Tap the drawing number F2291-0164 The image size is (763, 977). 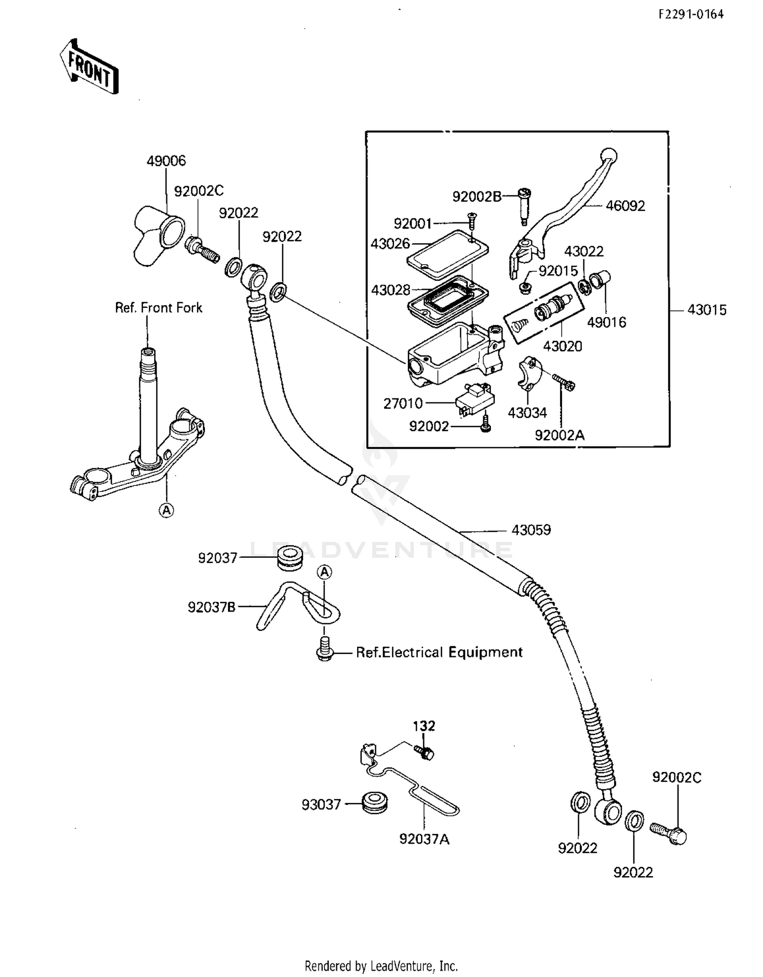click(691, 15)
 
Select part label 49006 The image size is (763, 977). click(166, 161)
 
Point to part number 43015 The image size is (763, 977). click(707, 310)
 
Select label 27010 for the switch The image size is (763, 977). click(403, 404)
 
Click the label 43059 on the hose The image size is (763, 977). click(531, 530)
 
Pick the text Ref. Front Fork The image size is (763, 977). click(159, 308)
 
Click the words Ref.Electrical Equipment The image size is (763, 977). click(439, 653)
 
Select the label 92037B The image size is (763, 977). click(212, 607)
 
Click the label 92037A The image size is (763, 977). click(424, 839)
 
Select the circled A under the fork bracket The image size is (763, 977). click(166, 510)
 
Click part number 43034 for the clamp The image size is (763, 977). click(527, 413)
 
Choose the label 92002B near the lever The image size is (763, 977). click(477, 196)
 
